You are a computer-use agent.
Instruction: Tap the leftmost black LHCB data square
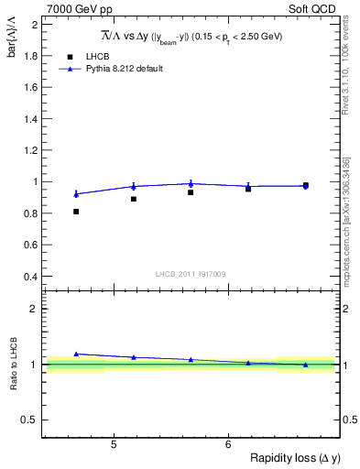tap(76, 212)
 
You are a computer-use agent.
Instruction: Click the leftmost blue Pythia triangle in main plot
tap(76, 193)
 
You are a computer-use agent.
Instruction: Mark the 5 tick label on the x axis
tap(113, 446)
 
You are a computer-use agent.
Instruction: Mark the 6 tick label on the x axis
tap(227, 446)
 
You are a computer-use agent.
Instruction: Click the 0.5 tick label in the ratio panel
tap(28, 420)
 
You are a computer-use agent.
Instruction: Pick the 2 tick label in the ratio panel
tap(33, 309)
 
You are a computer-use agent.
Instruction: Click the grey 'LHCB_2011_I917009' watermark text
tap(190, 273)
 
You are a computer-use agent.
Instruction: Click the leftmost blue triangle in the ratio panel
tap(76, 354)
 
